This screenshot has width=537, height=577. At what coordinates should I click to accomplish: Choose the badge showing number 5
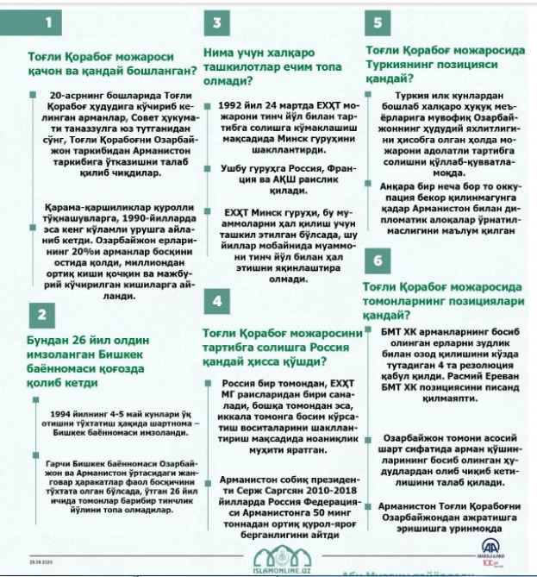pos(378,22)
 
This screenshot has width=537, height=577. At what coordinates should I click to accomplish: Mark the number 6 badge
pos(378,260)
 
